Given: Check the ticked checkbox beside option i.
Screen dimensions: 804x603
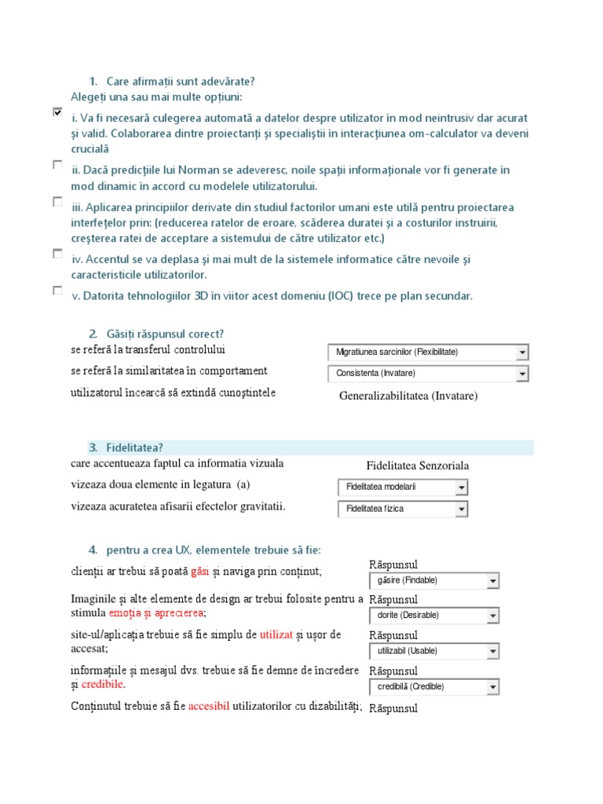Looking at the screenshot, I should [57, 112].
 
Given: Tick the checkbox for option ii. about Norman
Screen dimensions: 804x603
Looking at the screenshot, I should [57, 165].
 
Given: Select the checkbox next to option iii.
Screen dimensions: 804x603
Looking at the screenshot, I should [57, 202].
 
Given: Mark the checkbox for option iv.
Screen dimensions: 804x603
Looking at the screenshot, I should [57, 254].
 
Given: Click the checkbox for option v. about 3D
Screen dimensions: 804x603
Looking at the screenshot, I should [57, 291].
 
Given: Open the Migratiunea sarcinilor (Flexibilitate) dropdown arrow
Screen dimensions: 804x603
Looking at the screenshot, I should [522, 353].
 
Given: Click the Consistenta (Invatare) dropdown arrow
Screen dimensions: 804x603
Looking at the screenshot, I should [522, 374].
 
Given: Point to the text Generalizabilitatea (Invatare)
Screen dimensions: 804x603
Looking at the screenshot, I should [408, 396].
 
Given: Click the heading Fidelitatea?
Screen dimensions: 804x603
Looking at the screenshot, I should [126, 448].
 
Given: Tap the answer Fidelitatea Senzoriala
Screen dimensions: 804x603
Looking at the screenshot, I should [418, 466].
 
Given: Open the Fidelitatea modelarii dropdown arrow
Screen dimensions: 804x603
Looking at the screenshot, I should [462, 488].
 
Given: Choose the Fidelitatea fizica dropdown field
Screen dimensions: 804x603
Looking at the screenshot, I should [397, 509].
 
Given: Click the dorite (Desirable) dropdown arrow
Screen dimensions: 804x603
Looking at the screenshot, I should [492, 616].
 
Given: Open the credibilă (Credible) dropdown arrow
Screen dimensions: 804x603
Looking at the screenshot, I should [492, 687].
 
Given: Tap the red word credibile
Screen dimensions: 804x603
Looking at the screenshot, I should [103, 685].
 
